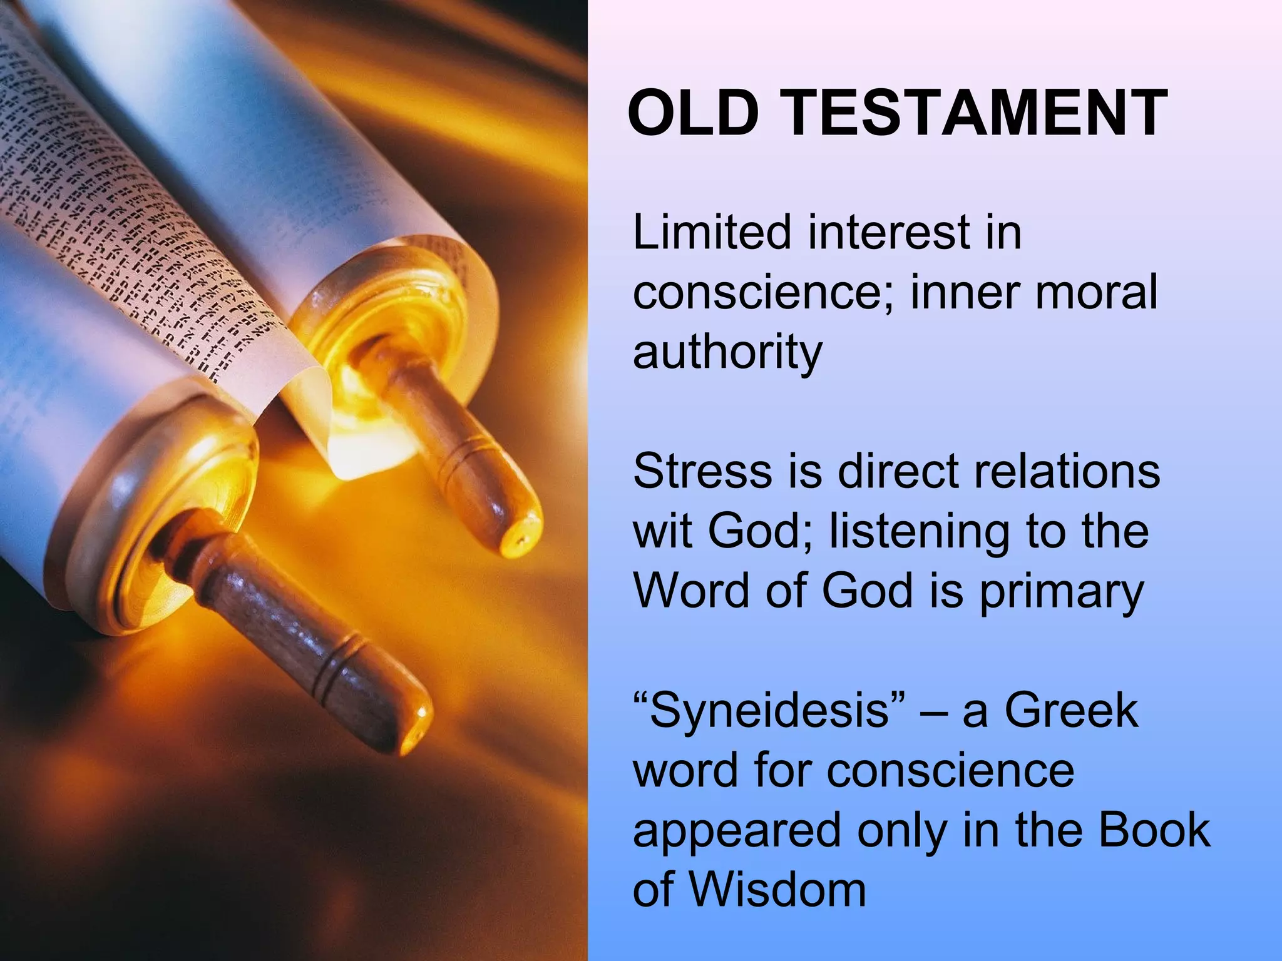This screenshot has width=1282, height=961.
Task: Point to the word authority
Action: click(x=727, y=353)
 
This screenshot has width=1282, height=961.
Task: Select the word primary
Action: click(x=1062, y=591)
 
